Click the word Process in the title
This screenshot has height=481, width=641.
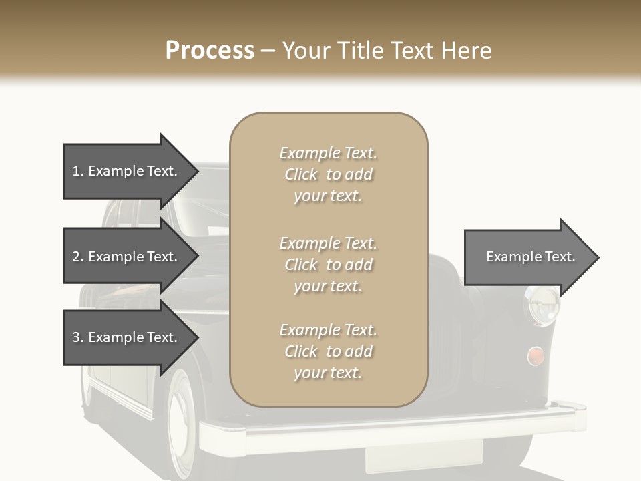210,51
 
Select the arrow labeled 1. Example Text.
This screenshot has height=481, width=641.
125,172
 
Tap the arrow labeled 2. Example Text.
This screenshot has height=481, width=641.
125,257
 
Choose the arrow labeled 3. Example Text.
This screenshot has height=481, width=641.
125,337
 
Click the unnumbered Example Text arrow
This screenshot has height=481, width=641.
530,257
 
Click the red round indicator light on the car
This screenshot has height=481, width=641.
535,356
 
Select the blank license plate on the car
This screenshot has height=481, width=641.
423,455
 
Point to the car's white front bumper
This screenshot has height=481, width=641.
401,428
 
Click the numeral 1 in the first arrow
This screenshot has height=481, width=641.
75,172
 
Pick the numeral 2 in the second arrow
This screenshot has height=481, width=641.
76,257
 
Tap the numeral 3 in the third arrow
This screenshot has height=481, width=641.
76,337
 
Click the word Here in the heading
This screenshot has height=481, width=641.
465,51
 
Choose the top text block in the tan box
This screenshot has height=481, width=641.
328,174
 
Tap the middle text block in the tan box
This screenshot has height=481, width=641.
328,265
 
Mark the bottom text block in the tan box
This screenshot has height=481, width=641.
328,351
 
